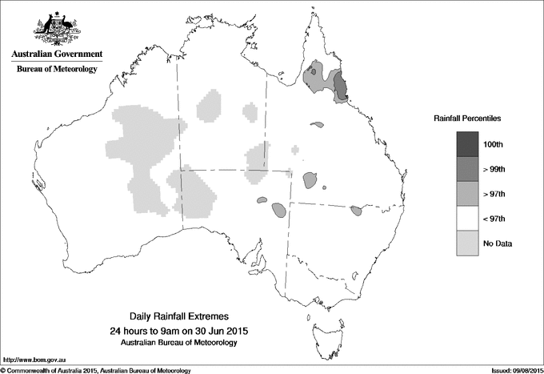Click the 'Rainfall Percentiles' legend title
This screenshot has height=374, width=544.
click(467, 118)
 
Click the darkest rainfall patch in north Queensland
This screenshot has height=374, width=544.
click(341, 86)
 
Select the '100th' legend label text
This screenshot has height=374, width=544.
click(493, 144)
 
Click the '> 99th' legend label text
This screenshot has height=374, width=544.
click(494, 169)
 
